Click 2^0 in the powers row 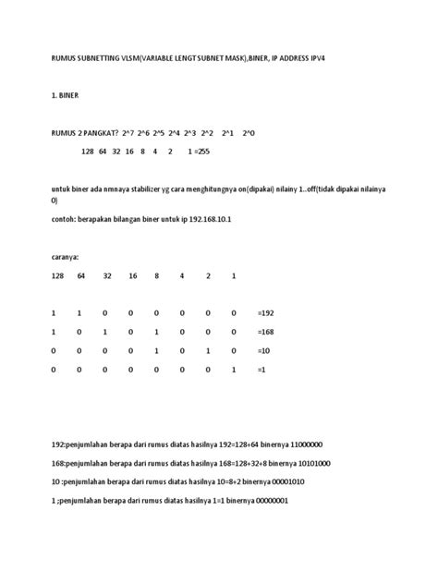tap(249, 134)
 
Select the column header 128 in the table tap(58, 276)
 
